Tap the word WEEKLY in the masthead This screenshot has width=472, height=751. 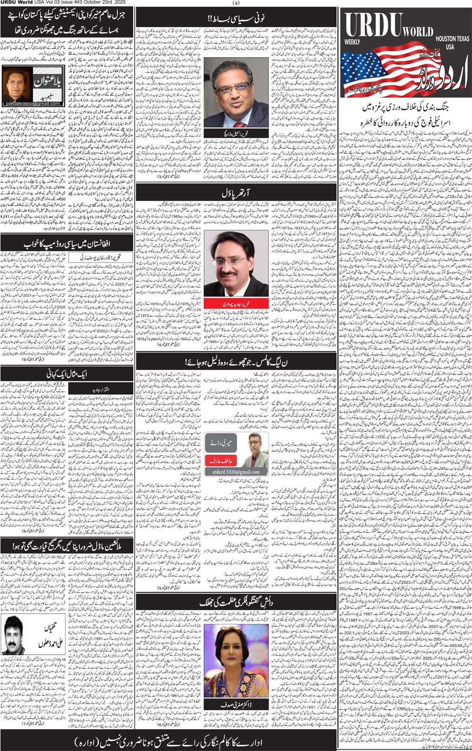coord(352,42)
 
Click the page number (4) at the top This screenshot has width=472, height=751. coord(236,3)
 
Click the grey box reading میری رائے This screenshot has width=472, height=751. coord(220,444)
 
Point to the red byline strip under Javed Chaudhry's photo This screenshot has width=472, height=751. coord(236,303)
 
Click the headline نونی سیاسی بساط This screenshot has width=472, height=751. coord(236,18)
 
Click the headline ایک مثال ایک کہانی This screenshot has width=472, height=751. coord(66,374)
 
